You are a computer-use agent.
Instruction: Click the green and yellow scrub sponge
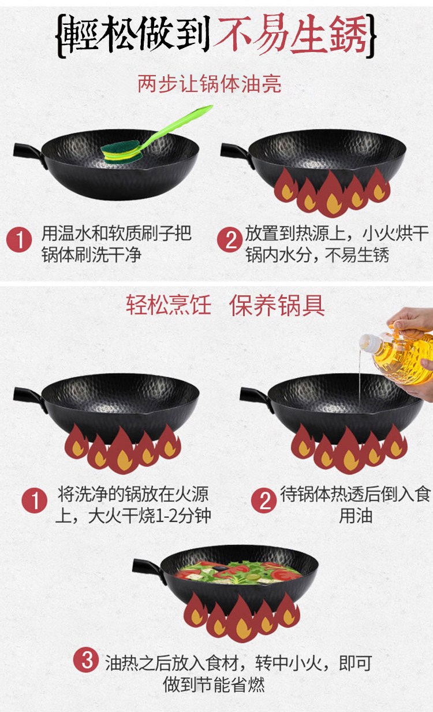point(121,152)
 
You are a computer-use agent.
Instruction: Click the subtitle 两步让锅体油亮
point(210,84)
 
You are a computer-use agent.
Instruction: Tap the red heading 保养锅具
point(277,305)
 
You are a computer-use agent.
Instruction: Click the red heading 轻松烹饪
point(169,305)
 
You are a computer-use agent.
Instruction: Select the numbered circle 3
point(86,661)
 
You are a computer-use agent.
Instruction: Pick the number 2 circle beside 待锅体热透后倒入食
point(263,501)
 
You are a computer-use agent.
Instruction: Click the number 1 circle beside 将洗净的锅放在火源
point(34,501)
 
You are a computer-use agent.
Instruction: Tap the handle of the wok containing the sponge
point(30,154)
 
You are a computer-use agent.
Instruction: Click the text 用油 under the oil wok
point(356,516)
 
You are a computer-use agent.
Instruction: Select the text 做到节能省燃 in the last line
point(214,684)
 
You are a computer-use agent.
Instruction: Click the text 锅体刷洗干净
point(91,255)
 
